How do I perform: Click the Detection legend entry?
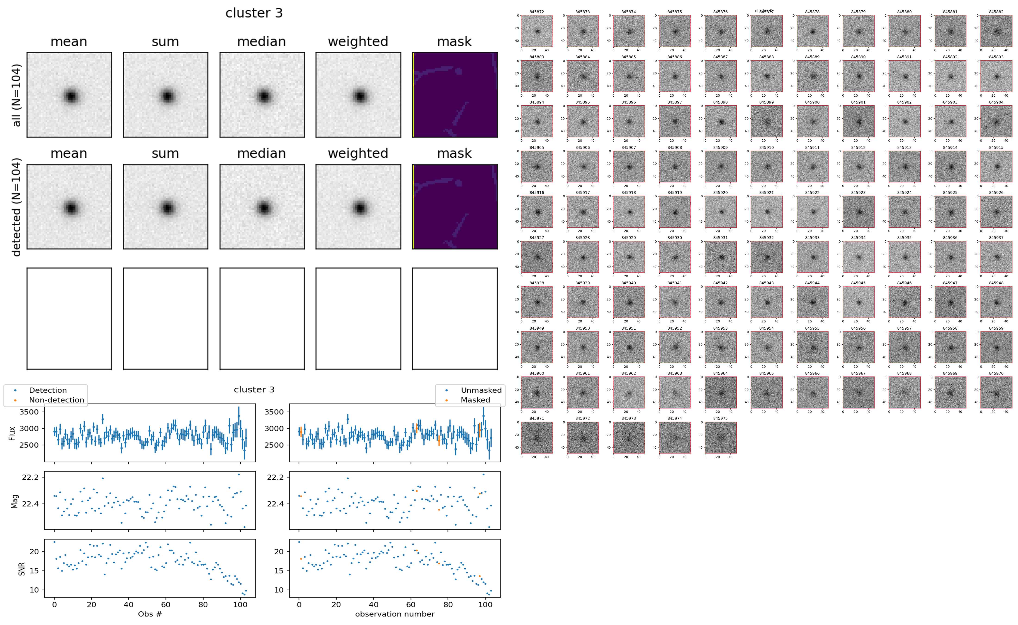click(x=48, y=390)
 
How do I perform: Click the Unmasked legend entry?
click(x=481, y=390)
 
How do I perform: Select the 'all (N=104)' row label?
click(x=17, y=95)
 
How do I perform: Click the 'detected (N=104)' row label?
click(x=17, y=207)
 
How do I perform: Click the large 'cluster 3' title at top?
click(x=254, y=13)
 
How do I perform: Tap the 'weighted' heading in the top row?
click(x=358, y=42)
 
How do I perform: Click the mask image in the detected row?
click(x=455, y=207)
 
